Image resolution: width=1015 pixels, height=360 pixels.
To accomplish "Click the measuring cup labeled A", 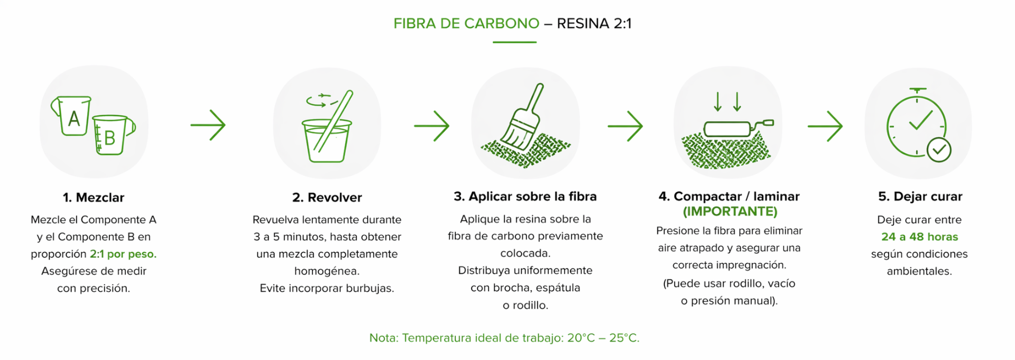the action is click(x=73, y=116).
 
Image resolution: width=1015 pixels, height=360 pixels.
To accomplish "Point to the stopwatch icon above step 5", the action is click(x=917, y=123).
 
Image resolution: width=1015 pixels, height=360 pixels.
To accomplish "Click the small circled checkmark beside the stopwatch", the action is click(x=939, y=150).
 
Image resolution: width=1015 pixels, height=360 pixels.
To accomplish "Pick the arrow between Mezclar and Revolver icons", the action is click(x=208, y=125).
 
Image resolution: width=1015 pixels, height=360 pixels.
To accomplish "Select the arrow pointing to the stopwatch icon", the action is click(x=825, y=126).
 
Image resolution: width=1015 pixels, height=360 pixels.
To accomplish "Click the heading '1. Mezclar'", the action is click(x=94, y=198).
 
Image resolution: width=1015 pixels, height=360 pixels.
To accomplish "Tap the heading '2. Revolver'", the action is click(x=327, y=198).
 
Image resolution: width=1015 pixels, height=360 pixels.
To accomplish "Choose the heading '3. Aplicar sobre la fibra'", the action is click(x=525, y=197).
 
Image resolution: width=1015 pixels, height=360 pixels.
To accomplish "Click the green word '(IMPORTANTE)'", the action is click(x=730, y=211).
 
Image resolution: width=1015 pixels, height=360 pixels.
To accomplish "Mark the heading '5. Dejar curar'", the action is click(x=920, y=197).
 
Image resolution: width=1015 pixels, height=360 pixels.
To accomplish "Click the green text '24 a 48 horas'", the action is click(x=919, y=237).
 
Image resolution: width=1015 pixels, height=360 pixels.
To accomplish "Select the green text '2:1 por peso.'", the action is click(x=123, y=254).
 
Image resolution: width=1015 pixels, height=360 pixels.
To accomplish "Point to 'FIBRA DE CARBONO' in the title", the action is click(x=466, y=24).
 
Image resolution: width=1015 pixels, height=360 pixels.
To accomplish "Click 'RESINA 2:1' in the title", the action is click(x=594, y=24).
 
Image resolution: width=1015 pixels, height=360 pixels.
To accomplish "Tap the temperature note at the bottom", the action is click(x=504, y=338).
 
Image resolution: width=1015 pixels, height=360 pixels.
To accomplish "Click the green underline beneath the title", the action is click(x=514, y=42).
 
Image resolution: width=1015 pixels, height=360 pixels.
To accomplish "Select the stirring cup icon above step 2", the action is click(x=327, y=127).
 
